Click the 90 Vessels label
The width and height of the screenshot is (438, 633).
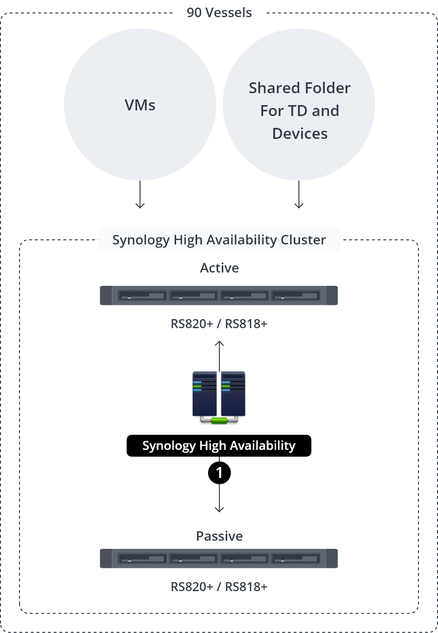pos(219,12)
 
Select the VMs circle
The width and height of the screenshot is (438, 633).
pos(140,105)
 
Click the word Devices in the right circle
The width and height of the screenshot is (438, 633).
pos(299,134)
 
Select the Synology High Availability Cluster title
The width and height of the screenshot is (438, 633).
pos(219,240)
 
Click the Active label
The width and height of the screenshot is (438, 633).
pos(219,268)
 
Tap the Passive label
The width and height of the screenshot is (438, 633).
pos(219,536)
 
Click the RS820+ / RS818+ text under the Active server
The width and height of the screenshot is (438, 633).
pos(219,324)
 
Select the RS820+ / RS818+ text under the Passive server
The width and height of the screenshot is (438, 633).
pos(219,587)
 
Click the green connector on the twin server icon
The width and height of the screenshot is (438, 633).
pos(219,420)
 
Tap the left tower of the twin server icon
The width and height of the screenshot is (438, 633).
pos(205,393)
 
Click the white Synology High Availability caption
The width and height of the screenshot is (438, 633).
pos(219,446)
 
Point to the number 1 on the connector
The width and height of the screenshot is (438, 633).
pos(219,473)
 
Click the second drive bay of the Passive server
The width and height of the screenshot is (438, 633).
pos(193,559)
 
